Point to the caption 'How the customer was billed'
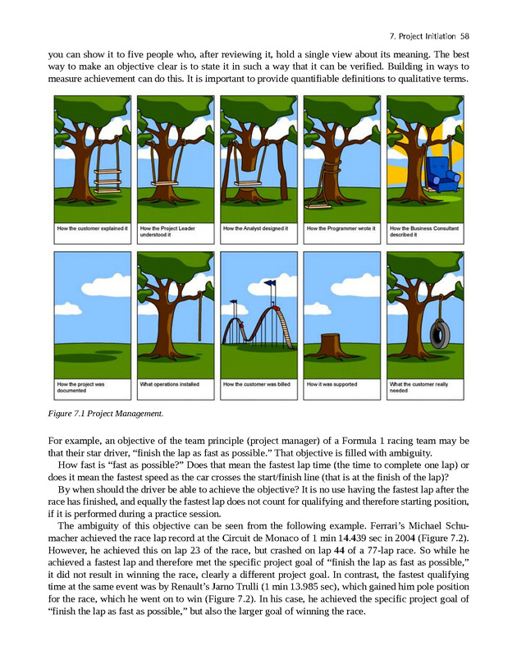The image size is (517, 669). pos(257,383)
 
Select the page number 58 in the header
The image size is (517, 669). pos(464,36)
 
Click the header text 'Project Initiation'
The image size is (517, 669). pos(422,36)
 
